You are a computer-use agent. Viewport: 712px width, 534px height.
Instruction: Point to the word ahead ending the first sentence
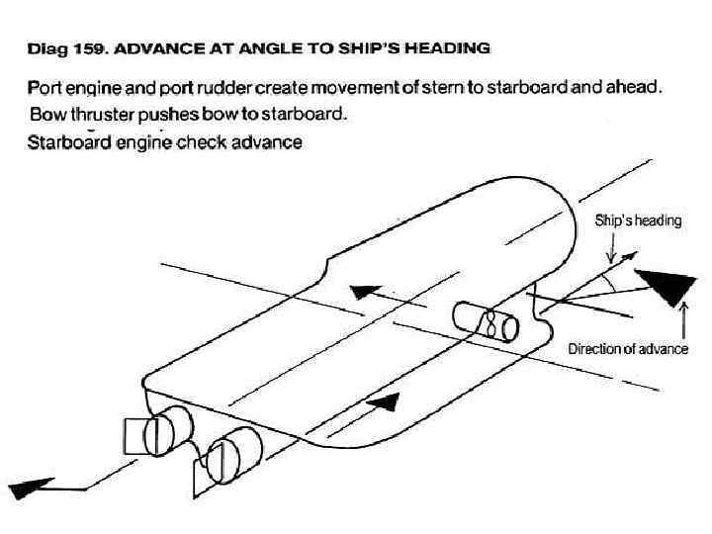630,87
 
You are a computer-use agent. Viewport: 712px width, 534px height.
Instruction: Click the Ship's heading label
638,221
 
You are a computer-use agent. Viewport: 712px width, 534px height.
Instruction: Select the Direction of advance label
628,348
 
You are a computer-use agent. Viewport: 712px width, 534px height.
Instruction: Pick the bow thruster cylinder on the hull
486,321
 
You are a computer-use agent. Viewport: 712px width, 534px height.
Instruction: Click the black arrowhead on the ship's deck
367,293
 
